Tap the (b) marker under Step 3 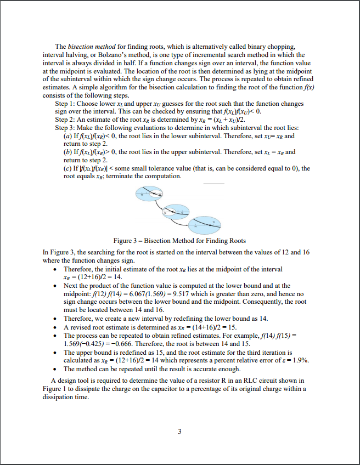point(68,152)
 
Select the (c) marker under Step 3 point(68,168)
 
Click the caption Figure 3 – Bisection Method point(179,241)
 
